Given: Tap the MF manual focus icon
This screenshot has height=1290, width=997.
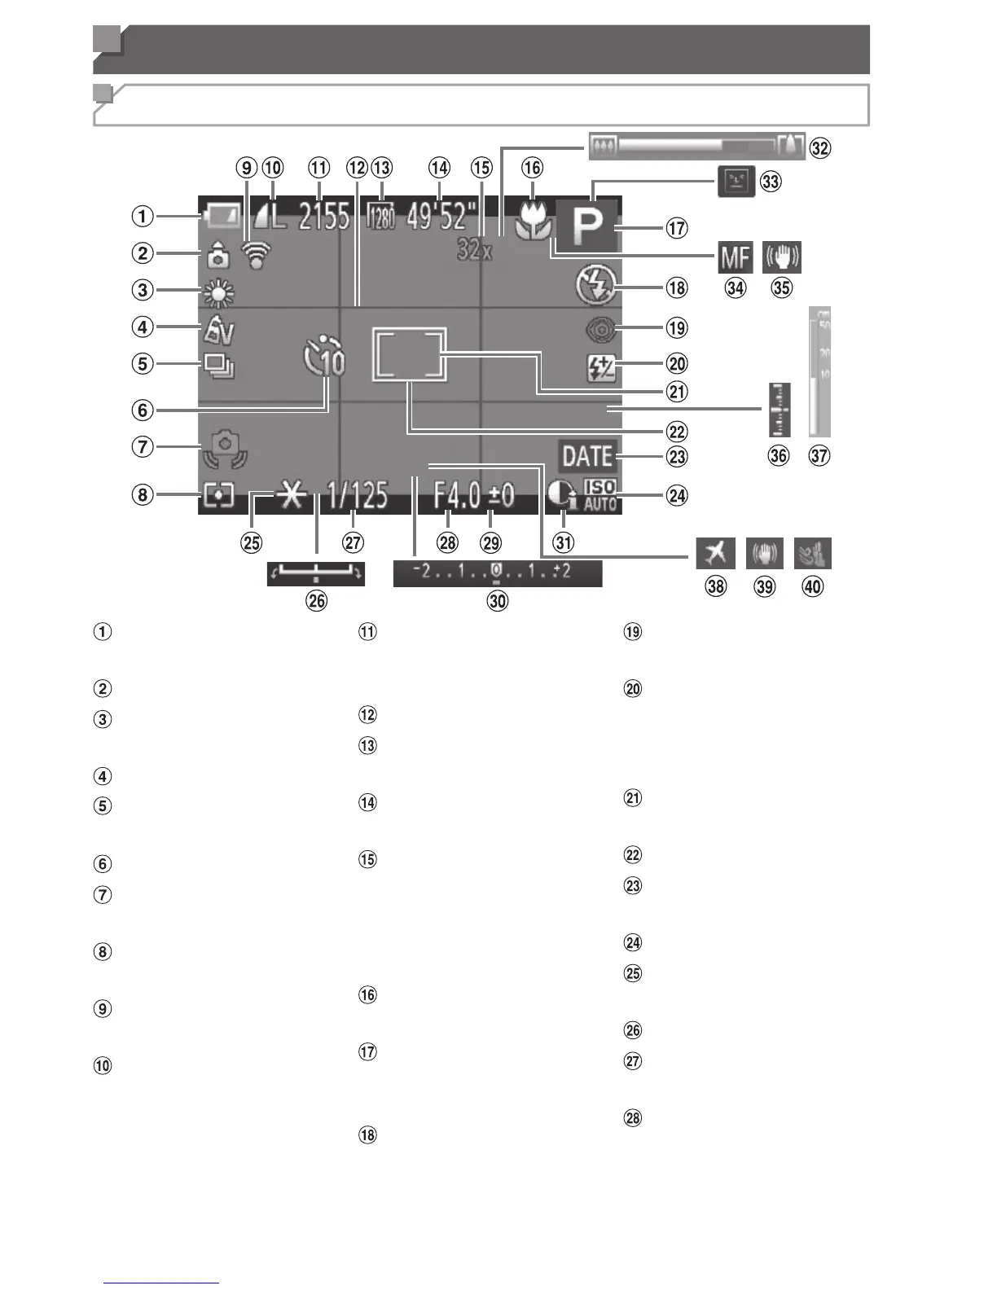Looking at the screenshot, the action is tap(734, 259).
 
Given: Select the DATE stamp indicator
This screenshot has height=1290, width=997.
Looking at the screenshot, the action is tap(587, 457).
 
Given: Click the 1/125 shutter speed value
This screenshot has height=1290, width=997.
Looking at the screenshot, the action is tap(358, 495).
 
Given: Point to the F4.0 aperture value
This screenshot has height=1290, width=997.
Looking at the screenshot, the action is tap(456, 495).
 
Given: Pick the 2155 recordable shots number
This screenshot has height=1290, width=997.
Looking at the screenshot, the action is tap(323, 217).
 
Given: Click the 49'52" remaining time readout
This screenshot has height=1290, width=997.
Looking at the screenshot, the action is tap(441, 217).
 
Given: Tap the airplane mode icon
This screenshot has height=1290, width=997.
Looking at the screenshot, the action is tap(715, 553).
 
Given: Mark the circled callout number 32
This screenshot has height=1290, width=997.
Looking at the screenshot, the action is tap(821, 148).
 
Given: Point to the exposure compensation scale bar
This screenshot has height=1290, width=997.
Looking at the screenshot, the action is tap(497, 573).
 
